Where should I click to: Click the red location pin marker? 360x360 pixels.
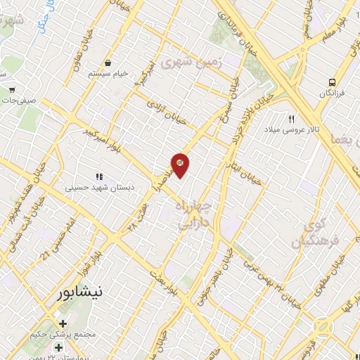(x=180, y=165)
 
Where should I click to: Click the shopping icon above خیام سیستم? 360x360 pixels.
(x=108, y=61)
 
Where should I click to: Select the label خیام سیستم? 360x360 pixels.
(x=108, y=73)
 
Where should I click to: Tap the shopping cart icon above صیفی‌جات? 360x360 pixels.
(x=13, y=89)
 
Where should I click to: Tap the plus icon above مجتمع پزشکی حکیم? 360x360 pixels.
(x=63, y=324)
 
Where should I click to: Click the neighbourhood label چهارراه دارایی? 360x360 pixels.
(x=186, y=214)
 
